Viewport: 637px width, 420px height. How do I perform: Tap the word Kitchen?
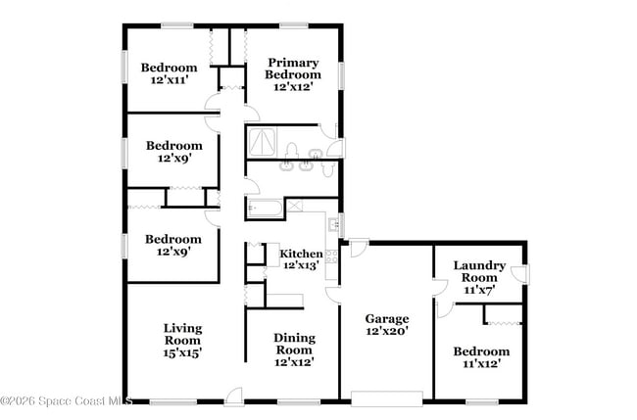[302, 254]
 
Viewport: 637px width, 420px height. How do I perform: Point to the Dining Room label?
[294, 344]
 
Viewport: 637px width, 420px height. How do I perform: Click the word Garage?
[387, 318]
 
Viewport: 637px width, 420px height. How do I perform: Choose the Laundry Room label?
[479, 271]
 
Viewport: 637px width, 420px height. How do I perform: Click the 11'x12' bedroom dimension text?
[481, 363]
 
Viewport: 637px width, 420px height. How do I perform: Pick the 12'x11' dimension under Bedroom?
[169, 80]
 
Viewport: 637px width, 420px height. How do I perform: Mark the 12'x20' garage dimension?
[387, 331]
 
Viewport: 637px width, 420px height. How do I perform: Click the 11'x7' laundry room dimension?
[479, 289]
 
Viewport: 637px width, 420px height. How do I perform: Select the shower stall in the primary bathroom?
[262, 144]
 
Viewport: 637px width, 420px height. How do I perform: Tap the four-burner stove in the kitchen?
[331, 257]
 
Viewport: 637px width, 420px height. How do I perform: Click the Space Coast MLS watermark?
[66, 400]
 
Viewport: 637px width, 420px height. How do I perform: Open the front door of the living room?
[234, 397]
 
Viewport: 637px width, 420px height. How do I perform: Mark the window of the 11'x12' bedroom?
[480, 401]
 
